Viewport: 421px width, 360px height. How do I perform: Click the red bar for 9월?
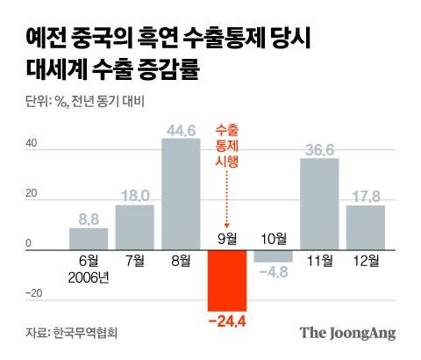(226, 281)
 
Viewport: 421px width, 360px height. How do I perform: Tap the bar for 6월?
(88, 239)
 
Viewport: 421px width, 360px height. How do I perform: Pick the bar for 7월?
(134, 227)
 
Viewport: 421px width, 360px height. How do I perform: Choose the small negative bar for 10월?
(273, 256)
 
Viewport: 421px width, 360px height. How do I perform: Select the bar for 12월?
(365, 227)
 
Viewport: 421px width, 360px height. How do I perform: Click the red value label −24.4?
(226, 321)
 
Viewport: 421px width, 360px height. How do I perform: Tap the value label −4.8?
(273, 272)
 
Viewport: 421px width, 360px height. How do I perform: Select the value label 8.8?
(89, 220)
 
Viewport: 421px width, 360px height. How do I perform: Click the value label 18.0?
(134, 196)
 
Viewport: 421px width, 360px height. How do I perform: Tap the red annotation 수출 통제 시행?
(226, 146)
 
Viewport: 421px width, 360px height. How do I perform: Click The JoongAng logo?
(347, 333)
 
